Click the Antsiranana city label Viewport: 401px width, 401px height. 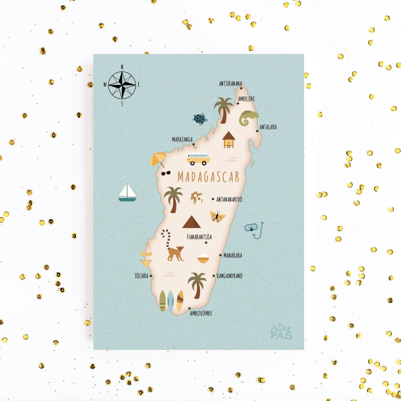point(230,84)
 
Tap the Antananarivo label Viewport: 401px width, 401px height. point(229,199)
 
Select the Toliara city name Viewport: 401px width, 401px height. point(141,276)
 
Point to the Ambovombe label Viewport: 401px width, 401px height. point(201,313)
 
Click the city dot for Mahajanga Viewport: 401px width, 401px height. point(194,144)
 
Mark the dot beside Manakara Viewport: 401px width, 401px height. point(220,255)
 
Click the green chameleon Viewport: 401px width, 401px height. point(248,118)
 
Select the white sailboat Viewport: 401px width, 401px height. point(127,193)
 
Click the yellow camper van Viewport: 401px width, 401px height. point(198,159)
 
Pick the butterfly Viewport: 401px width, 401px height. point(217,216)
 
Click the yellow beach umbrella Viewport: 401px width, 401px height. point(158,159)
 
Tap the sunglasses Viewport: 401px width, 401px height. point(166,173)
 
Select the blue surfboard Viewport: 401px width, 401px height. point(171,300)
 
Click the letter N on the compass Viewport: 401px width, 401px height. point(122,67)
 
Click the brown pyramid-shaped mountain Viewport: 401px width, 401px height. point(191,222)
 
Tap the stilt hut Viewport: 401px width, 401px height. point(229,139)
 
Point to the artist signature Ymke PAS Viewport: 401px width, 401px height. point(281,332)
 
